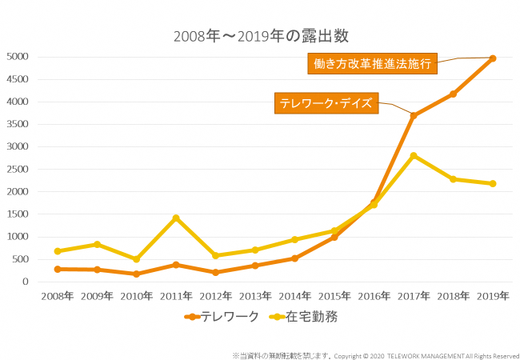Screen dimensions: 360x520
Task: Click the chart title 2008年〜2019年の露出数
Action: click(261, 36)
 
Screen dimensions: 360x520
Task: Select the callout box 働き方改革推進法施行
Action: click(373, 64)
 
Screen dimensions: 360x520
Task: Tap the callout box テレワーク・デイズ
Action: click(326, 104)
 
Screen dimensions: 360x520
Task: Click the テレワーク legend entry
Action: click(222, 317)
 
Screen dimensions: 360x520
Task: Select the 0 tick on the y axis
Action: click(26, 282)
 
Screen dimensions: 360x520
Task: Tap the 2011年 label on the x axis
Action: click(176, 296)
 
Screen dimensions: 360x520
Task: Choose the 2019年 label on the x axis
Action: click(493, 296)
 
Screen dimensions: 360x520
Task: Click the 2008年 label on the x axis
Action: click(58, 296)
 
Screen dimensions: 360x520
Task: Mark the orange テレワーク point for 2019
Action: click(493, 58)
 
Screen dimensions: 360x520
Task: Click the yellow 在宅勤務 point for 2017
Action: click(414, 156)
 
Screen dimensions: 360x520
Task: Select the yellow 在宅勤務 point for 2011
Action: click(176, 218)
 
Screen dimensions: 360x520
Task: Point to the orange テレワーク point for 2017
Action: click(414, 115)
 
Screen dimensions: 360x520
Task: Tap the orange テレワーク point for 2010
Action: click(137, 274)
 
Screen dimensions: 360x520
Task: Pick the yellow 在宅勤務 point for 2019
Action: click(493, 184)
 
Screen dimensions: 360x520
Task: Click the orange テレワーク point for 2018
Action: click(454, 94)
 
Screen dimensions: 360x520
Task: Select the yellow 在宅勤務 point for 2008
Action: click(58, 251)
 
